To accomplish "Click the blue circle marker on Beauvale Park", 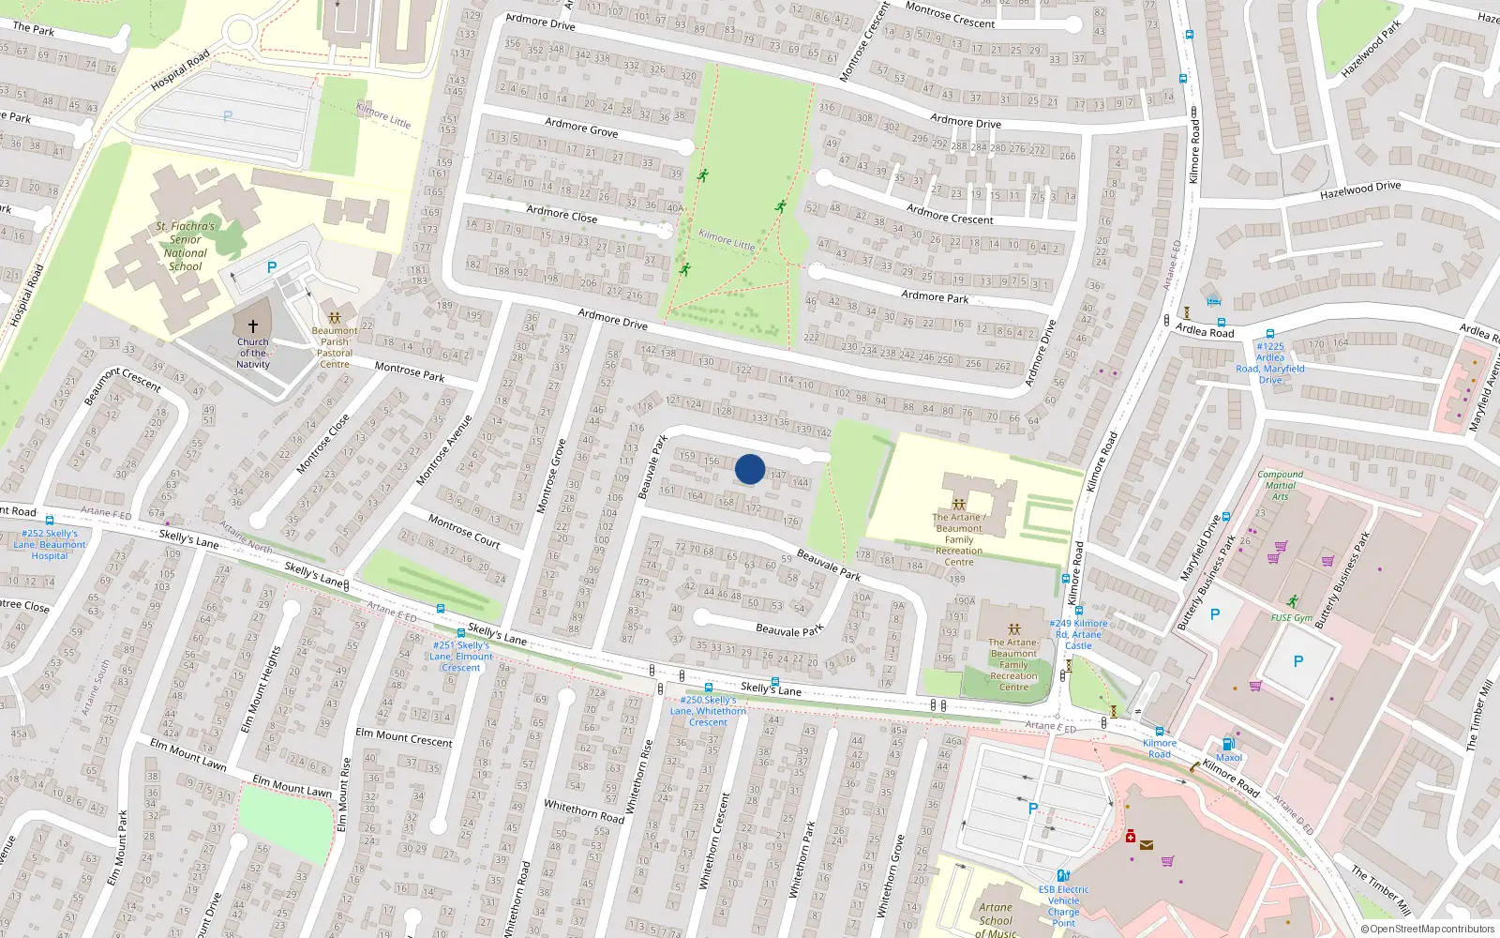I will [750, 469].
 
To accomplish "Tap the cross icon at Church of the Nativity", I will [252, 326].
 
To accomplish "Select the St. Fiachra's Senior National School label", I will [186, 247].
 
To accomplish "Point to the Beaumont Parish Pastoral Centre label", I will [335, 347].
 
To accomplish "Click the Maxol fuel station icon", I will [1228, 744].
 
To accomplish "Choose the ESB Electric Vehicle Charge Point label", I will [1063, 906].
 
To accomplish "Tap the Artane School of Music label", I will [996, 919].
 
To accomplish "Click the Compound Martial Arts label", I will [1281, 485].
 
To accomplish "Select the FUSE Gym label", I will [1292, 617].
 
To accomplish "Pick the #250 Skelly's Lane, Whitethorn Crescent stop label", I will [708, 711].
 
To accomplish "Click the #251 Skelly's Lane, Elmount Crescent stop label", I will [461, 656].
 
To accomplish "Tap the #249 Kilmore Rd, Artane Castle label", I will [1078, 634].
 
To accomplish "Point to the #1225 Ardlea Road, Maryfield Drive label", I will [1270, 363].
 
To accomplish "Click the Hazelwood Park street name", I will [1371, 49].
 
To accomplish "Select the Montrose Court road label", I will [464, 531].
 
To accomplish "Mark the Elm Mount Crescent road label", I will [404, 738].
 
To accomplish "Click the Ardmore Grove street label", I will [581, 127].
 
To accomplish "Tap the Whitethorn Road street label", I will [584, 811].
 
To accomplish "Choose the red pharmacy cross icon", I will [1131, 836].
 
